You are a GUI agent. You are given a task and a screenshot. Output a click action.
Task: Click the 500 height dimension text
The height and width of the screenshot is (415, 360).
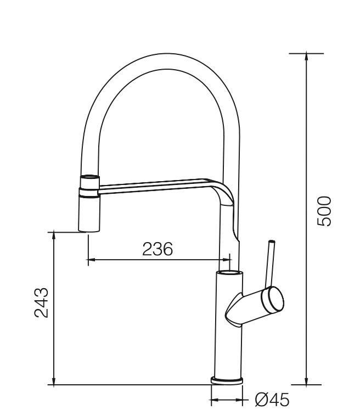click(325, 211)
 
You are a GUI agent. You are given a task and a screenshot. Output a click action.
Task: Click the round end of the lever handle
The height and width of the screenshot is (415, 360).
click(274, 299)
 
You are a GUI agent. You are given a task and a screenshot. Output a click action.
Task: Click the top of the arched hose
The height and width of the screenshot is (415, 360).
click(163, 60)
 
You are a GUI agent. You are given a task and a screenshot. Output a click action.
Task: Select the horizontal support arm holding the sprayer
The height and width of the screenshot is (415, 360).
click(154, 186)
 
